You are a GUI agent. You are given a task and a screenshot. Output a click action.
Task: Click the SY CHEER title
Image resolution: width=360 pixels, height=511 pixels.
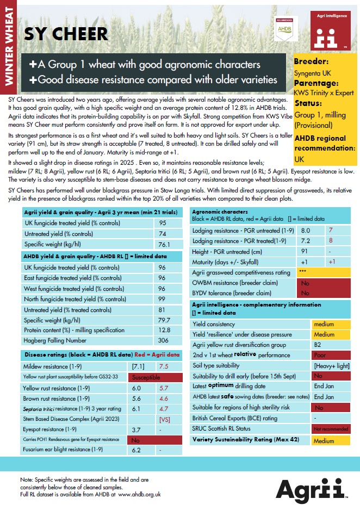point(66,34)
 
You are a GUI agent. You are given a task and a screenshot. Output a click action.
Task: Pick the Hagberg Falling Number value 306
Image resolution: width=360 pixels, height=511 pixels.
point(163,340)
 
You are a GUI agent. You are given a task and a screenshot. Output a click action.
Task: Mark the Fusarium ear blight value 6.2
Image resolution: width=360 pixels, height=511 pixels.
point(136,450)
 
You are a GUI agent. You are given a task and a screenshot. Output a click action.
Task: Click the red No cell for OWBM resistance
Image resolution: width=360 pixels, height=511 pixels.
point(305,283)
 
